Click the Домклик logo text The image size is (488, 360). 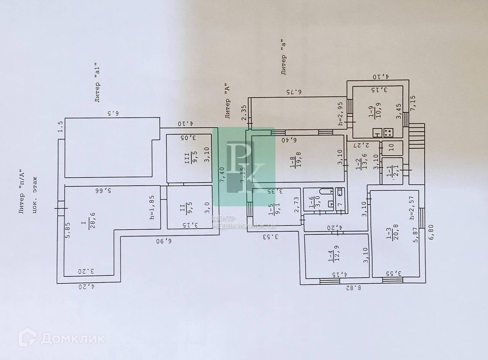(x=72, y=337)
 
